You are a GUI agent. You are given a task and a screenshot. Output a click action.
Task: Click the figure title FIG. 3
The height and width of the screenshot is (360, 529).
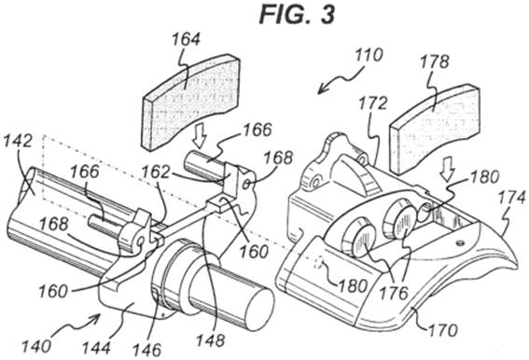pos(297,15)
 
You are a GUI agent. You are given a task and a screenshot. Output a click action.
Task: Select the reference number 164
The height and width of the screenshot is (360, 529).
pos(187,39)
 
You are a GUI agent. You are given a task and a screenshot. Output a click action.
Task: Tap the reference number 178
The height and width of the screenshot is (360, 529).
pos(435,62)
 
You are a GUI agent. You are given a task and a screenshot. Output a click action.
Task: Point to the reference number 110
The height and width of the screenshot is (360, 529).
pos(369,55)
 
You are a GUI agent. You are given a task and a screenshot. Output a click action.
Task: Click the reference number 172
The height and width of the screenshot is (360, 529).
pos(372,104)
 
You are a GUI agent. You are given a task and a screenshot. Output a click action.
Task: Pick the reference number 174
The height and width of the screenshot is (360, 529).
pos(512,198)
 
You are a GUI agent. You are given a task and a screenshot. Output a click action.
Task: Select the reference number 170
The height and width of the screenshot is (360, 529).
pos(443,330)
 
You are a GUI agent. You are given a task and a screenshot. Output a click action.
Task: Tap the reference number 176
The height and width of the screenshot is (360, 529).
pos(394,293)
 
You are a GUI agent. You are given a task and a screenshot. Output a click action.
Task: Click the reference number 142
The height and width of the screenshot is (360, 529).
pos(18,141)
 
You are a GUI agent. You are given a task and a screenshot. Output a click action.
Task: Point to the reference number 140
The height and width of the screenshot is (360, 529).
pos(36,346)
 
